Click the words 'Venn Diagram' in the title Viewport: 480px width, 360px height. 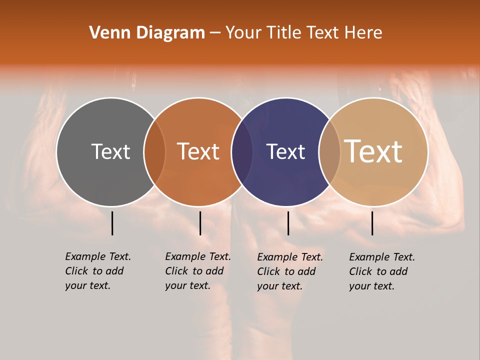coord(147,33)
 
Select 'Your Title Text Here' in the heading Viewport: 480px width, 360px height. coord(303,33)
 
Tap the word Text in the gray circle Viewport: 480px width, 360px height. coord(110,151)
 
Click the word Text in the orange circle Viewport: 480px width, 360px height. coord(198,151)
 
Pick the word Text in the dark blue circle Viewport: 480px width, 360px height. coord(285,151)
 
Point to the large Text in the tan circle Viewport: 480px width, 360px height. coord(373,151)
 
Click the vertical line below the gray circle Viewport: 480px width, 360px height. coord(112,223)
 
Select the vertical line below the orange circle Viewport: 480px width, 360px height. coord(200,223)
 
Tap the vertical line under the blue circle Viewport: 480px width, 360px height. coord(288,223)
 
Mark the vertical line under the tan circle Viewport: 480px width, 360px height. coord(372,223)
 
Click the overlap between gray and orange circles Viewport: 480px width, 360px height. coord(154,151)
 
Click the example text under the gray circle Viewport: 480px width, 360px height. coord(97,271)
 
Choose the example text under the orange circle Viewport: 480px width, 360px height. coord(197,271)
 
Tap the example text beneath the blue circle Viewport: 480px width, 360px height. coord(290,271)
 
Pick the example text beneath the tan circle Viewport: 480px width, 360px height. coord(382,271)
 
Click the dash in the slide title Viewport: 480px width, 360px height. coord(215,33)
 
